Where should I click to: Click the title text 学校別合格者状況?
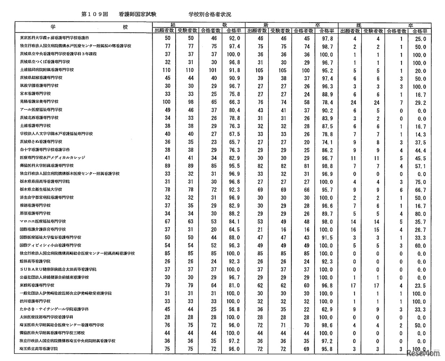(x=210, y=14)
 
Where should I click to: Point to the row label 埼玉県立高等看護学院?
(x=39, y=349)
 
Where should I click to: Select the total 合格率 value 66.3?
(x=234, y=102)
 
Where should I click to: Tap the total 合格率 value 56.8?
(x=234, y=310)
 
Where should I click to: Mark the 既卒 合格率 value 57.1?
(x=420, y=166)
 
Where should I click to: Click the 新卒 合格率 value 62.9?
(x=326, y=310)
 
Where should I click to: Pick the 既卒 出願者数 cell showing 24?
(x=354, y=102)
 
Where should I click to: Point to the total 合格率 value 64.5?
(x=234, y=230)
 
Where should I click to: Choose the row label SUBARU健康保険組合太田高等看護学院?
(x=58, y=269)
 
